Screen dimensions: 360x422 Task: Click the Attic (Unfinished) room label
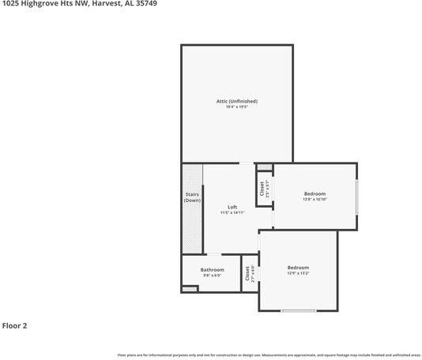point(237,101)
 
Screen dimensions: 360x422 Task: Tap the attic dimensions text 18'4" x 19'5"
point(237,107)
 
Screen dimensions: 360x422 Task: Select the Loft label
point(232,207)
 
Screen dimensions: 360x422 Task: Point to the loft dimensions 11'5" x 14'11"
point(232,212)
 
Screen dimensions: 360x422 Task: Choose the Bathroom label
point(212,270)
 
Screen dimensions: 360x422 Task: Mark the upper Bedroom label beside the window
point(315,193)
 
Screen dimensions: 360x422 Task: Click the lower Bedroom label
point(298,268)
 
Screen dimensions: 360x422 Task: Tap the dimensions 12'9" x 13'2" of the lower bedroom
point(298,273)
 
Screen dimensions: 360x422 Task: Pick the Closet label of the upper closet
point(261,189)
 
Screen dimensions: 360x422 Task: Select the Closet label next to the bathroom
point(247,273)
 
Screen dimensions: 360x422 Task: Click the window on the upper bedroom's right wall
point(356,197)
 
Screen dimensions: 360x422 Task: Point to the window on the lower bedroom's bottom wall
point(298,310)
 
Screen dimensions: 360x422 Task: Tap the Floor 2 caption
point(14,325)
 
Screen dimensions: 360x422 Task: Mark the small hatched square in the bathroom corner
point(190,289)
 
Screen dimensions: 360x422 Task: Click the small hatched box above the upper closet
point(265,167)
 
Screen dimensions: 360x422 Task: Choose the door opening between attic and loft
point(247,163)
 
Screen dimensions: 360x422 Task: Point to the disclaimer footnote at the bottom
point(269,355)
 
